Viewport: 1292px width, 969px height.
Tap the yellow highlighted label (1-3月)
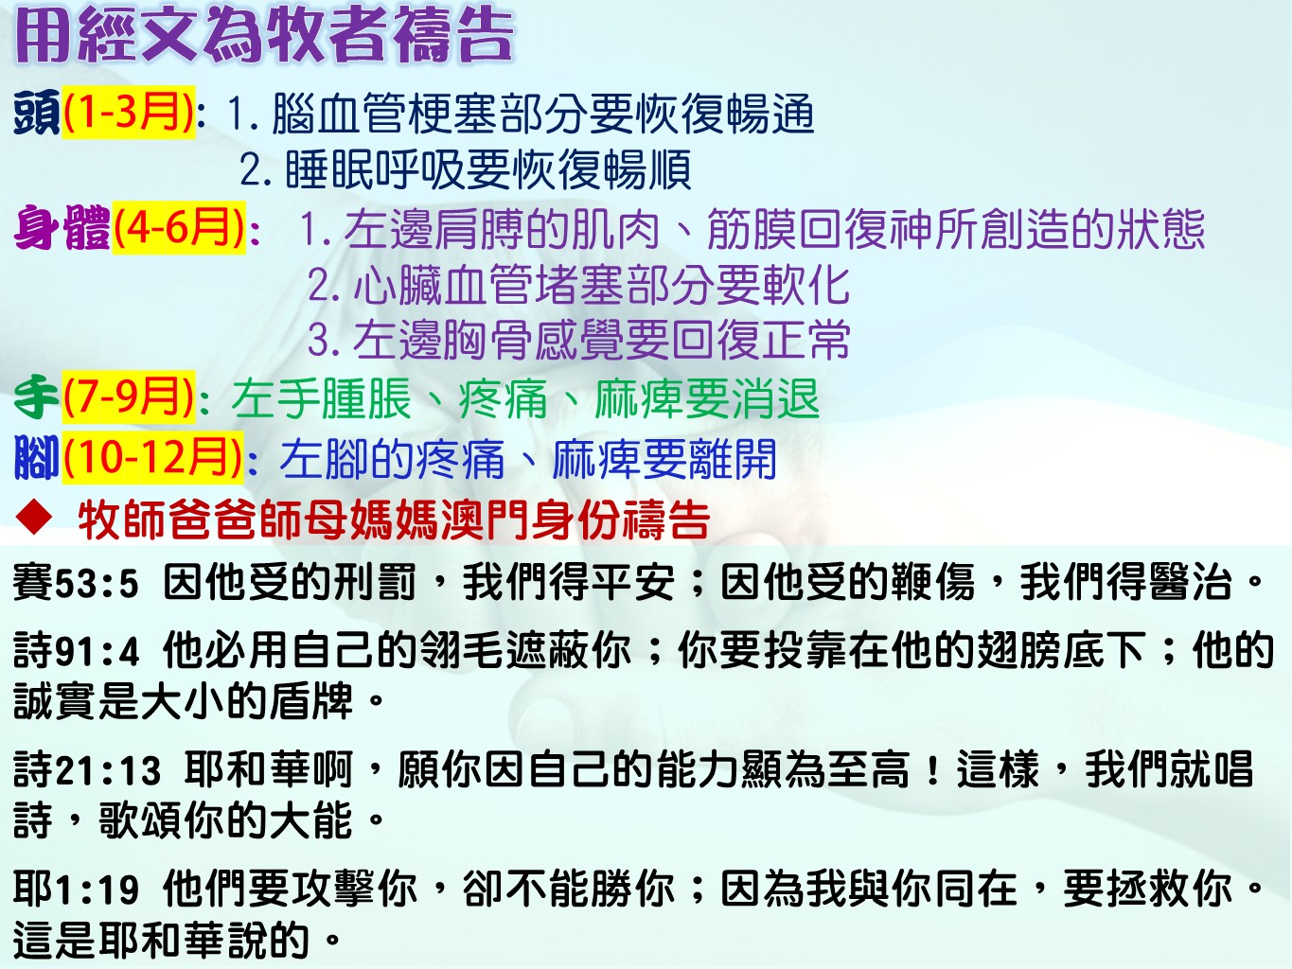(129, 112)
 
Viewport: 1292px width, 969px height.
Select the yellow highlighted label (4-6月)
(178, 227)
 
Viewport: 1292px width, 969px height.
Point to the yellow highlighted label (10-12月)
(152, 457)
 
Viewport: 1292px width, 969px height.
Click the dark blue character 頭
(37, 112)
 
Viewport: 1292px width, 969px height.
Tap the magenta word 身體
(62, 228)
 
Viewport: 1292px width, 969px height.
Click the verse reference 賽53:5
(76, 583)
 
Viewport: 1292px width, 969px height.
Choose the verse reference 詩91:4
(76, 651)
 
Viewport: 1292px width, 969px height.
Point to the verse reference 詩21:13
(87, 770)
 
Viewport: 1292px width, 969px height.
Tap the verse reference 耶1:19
(76, 890)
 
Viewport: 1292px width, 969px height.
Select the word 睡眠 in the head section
(329, 169)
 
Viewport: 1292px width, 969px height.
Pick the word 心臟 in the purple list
(398, 285)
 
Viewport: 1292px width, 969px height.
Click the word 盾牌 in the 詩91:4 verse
(311, 700)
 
